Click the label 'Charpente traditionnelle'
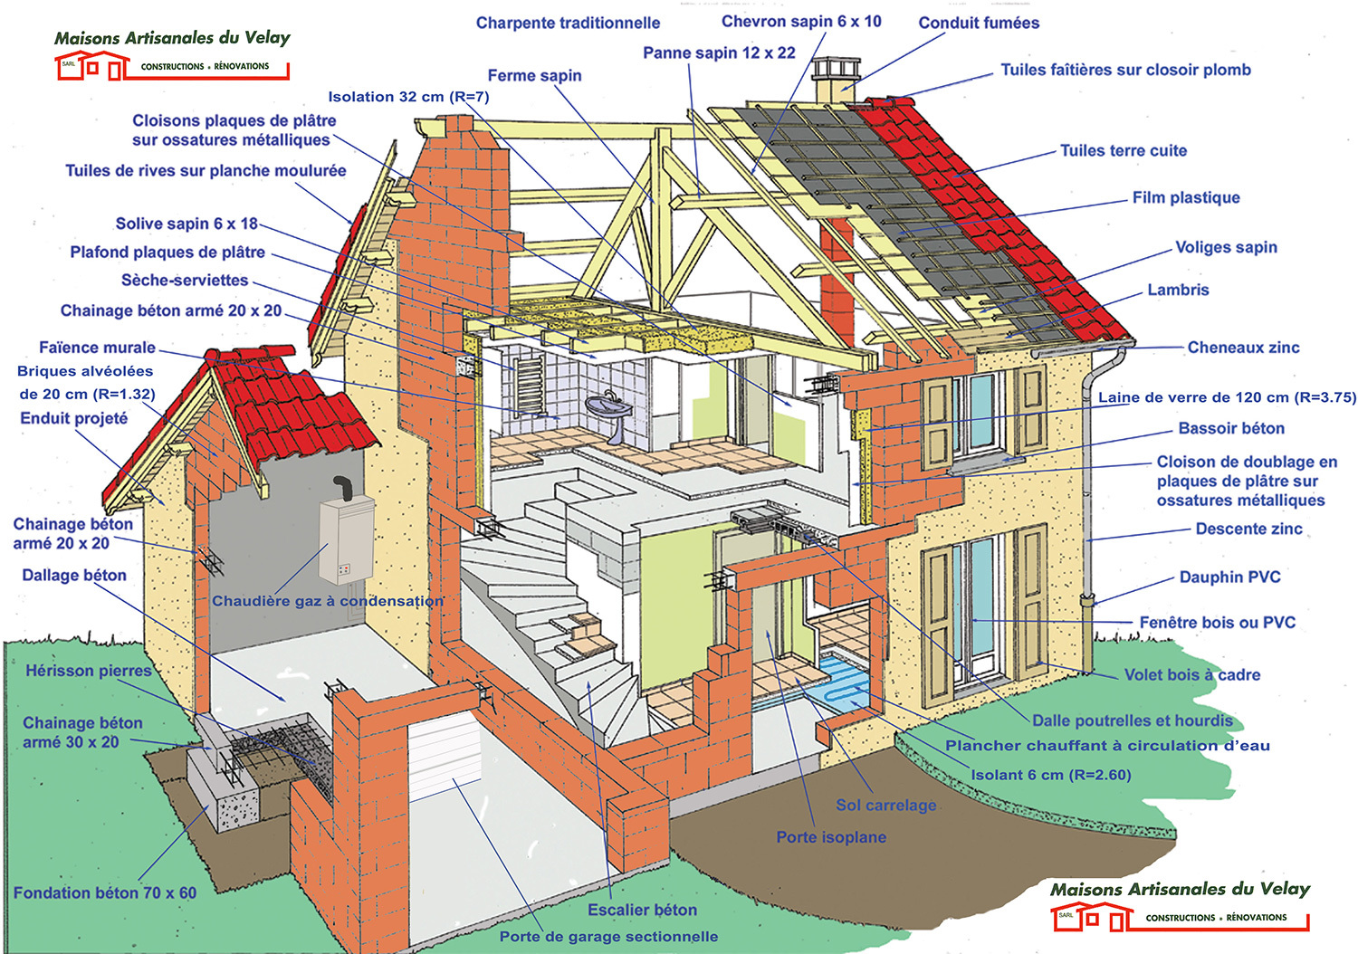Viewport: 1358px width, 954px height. [568, 23]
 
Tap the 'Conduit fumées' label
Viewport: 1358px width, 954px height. [979, 23]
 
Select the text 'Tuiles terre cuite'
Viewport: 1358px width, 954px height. [1123, 150]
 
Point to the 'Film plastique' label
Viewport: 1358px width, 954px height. [1186, 197]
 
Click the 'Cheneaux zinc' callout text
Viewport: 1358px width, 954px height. [1243, 348]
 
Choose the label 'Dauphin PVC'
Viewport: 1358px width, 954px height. [1229, 577]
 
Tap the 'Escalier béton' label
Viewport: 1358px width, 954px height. [642, 910]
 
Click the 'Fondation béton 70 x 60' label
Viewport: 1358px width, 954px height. [105, 892]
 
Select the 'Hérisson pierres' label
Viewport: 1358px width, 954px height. [88, 671]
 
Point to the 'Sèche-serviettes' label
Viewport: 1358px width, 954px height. [185, 280]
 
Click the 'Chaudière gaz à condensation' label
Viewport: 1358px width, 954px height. [328, 601]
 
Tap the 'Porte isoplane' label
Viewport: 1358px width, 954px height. [831, 837]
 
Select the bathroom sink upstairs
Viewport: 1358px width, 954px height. [608, 412]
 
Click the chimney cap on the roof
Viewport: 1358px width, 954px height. [837, 68]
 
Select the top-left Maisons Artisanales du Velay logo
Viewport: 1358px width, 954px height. [172, 54]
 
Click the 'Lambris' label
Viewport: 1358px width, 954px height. [1178, 290]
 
